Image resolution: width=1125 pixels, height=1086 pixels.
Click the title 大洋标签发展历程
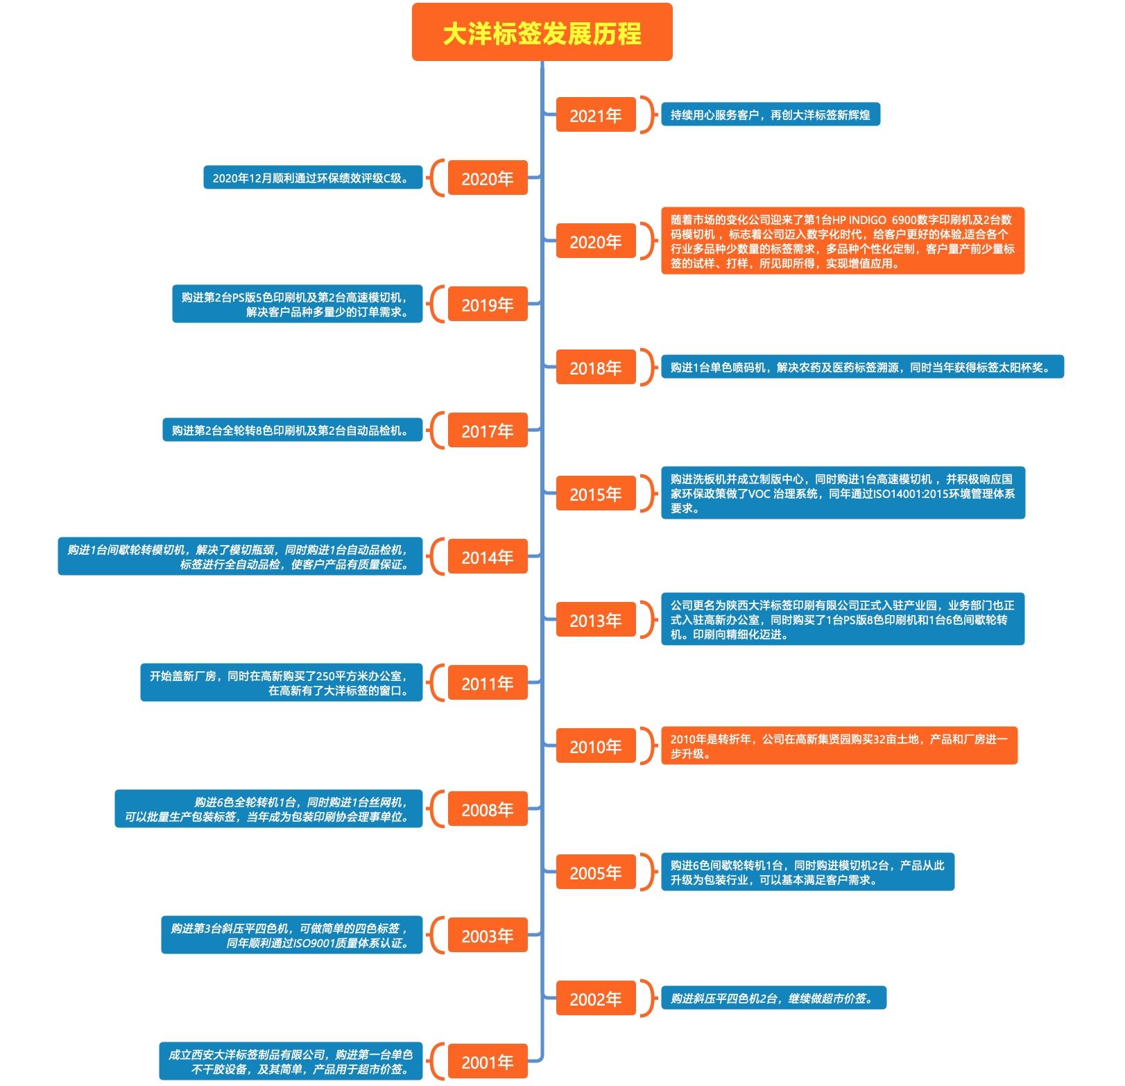click(542, 33)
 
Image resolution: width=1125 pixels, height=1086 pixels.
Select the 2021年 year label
click(596, 114)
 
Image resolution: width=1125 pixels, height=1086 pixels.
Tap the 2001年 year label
click(488, 1061)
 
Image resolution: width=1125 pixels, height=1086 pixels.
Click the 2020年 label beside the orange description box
click(596, 241)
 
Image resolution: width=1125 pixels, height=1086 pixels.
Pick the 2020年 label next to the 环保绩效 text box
click(488, 178)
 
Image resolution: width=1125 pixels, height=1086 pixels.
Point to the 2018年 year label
click(596, 367)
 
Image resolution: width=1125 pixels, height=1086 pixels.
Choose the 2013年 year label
click(596, 619)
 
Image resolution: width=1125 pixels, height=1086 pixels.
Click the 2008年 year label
click(488, 809)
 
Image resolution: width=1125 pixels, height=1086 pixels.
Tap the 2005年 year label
click(596, 872)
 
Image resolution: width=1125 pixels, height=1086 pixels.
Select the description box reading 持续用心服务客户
click(771, 114)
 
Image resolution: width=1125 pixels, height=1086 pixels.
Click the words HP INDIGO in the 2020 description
click(859, 220)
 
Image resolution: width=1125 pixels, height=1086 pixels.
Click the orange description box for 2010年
click(839, 745)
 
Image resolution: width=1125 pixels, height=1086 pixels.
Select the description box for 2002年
click(773, 998)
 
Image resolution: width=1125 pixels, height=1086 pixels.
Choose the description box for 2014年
click(240, 556)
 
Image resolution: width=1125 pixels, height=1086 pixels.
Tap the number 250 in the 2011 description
click(326, 676)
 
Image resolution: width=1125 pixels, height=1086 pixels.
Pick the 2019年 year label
click(488, 304)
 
